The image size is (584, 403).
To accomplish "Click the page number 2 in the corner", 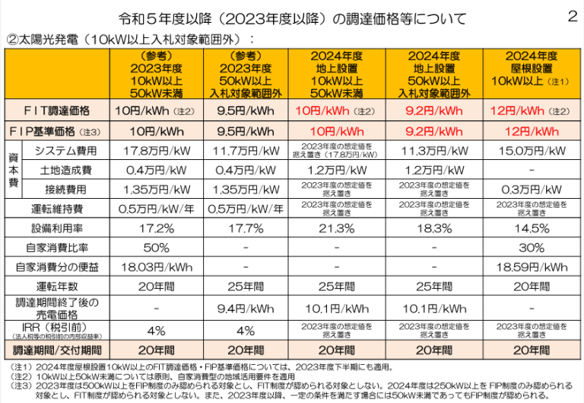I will [572, 16].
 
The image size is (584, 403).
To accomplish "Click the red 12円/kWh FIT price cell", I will [523, 110].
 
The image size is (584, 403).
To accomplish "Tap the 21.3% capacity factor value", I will [337, 228].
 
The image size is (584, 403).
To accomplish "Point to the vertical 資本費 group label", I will [13, 169].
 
